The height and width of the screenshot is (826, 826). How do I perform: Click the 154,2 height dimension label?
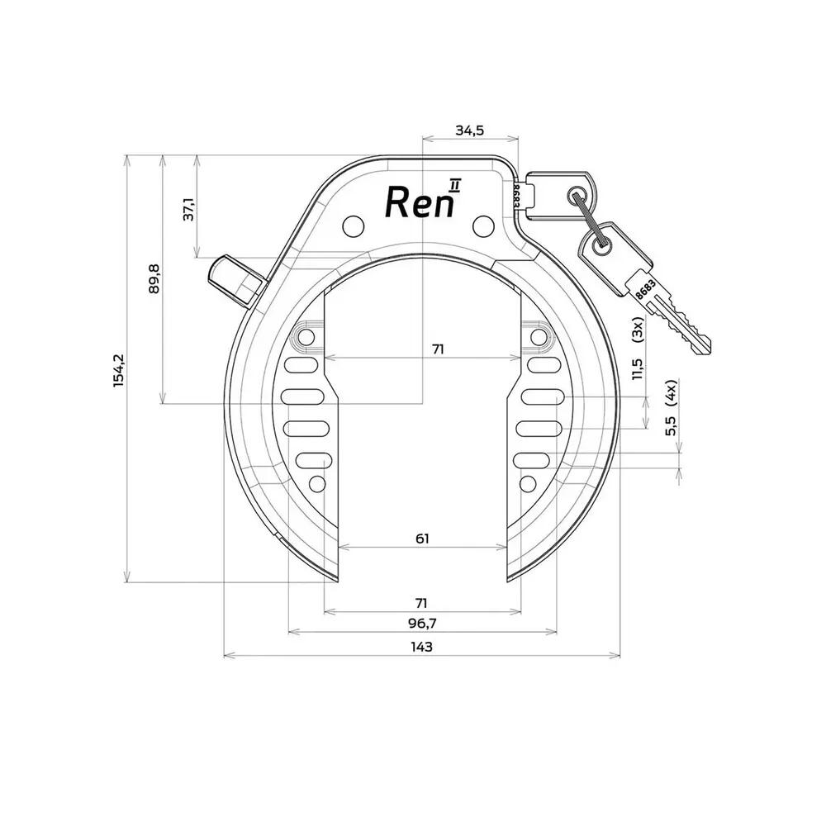(120, 370)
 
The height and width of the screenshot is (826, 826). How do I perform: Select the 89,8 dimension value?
(154, 278)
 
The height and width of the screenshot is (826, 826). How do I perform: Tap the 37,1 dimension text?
(189, 210)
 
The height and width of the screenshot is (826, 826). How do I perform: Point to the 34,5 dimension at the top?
(469, 131)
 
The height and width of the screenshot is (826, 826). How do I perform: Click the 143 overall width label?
(421, 647)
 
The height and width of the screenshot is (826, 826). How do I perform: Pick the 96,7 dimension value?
(422, 624)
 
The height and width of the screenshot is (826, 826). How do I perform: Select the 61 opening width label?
(422, 539)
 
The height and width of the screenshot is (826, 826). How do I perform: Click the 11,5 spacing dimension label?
(638, 368)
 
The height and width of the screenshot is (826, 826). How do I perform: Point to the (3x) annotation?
(638, 330)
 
